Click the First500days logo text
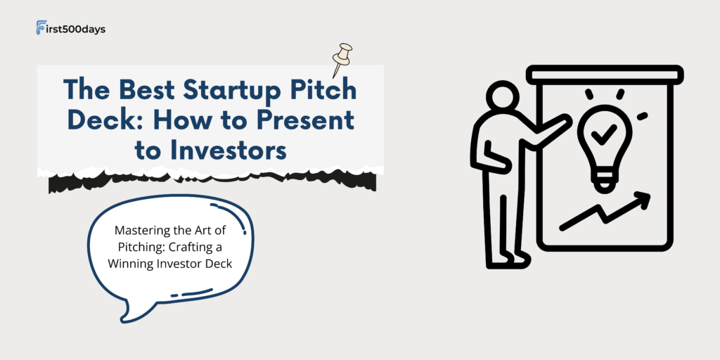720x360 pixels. coord(71,29)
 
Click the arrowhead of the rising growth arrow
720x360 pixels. coord(643,200)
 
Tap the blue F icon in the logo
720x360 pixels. coord(41,27)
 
